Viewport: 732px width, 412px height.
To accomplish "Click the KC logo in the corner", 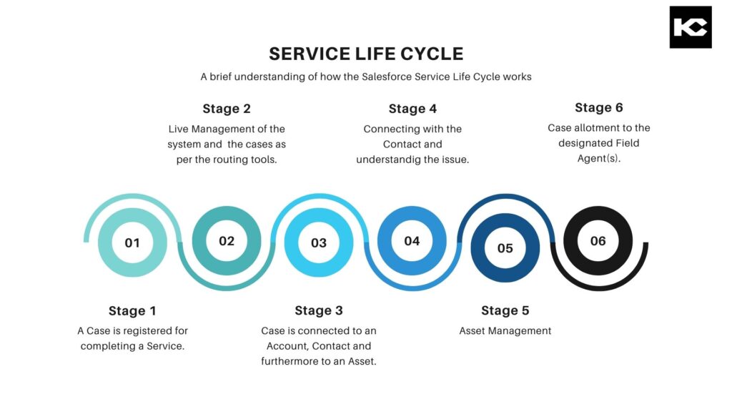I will point(690,27).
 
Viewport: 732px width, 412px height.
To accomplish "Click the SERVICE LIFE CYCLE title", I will point(366,54).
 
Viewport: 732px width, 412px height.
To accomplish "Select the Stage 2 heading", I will point(227,109).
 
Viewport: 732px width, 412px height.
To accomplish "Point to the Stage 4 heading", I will point(412,109).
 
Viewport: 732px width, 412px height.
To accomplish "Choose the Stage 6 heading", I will point(599,107).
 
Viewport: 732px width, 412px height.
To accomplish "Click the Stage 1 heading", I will point(132,310).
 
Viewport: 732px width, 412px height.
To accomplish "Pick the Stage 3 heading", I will point(319,310).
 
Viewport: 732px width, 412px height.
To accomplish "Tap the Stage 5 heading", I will point(505,310).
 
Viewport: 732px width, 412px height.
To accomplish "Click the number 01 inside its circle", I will point(132,242).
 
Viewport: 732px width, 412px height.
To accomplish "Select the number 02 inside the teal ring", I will point(227,241).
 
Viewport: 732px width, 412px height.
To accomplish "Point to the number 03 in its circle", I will point(319,242).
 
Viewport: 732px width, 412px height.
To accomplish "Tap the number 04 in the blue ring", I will point(412,241).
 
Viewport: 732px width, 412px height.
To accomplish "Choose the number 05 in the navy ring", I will point(505,248).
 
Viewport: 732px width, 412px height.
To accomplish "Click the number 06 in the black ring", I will point(598,241).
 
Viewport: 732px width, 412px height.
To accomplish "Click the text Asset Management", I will point(505,331).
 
